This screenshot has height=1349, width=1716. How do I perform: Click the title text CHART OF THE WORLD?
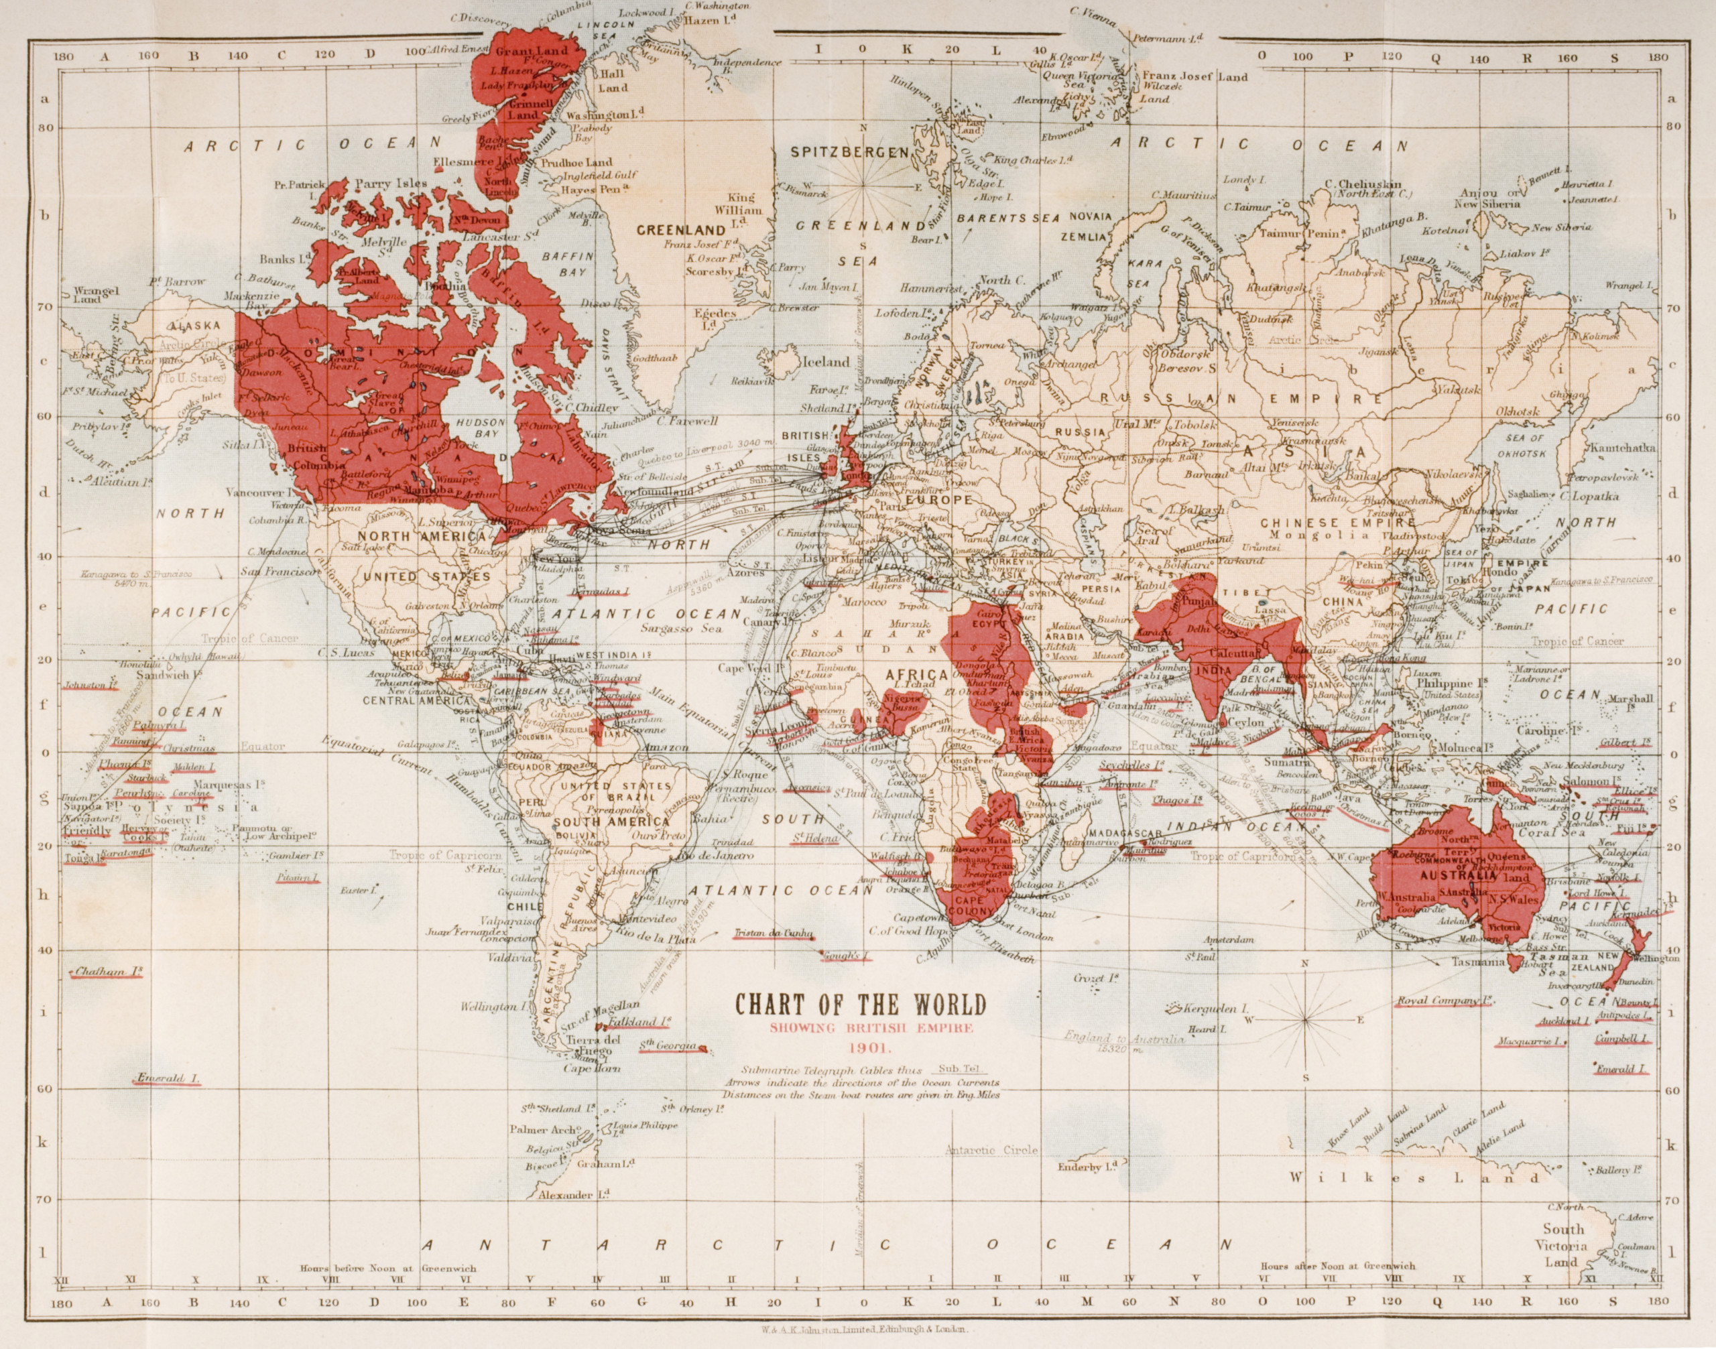pos(861,1004)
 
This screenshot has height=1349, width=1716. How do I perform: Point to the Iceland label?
pos(826,363)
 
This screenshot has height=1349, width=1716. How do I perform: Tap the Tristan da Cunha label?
pos(774,933)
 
